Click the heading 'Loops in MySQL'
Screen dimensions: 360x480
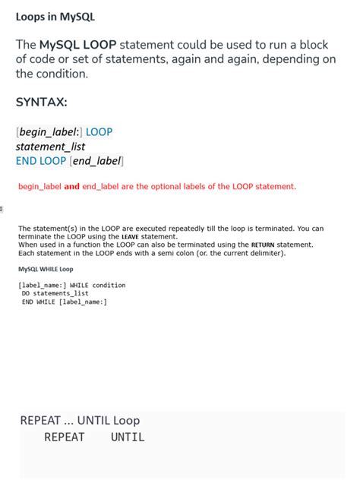(x=55, y=17)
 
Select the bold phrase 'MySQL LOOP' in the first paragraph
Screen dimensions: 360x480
(x=78, y=45)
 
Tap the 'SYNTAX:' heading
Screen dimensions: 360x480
(x=41, y=102)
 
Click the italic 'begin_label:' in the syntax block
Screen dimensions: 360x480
(x=50, y=132)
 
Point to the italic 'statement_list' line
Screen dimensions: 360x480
(x=50, y=147)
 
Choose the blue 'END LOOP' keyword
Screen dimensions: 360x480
(x=41, y=161)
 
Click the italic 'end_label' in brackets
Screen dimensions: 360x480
(x=96, y=161)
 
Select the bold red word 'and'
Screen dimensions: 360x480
(x=71, y=186)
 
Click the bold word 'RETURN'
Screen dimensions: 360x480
(x=264, y=245)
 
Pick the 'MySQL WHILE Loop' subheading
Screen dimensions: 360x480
(x=46, y=269)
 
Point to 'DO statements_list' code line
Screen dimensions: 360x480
(x=55, y=293)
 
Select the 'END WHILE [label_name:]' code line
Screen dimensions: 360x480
(x=64, y=302)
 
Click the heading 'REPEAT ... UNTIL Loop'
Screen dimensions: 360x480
(x=80, y=421)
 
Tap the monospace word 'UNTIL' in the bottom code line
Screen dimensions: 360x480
(x=127, y=437)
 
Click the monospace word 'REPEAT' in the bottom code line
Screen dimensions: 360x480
(x=65, y=437)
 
